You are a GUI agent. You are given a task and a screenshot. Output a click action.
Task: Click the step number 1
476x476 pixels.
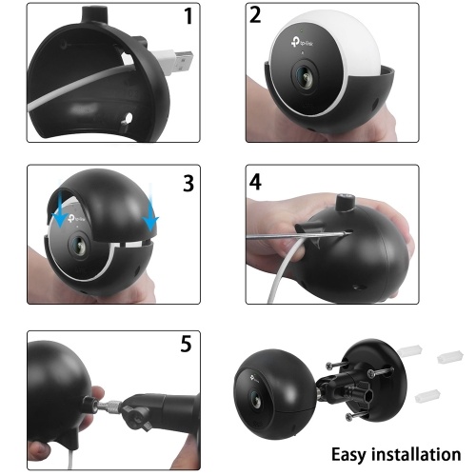pyautogui.click(x=188, y=16)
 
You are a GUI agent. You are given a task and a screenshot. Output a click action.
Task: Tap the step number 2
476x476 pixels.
pyautogui.click(x=255, y=15)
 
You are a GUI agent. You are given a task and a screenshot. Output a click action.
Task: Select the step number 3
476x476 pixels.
pyautogui.click(x=188, y=184)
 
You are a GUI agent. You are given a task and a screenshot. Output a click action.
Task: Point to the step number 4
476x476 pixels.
pyautogui.click(x=255, y=182)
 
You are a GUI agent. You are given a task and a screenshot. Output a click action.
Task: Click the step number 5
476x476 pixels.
pyautogui.click(x=187, y=344)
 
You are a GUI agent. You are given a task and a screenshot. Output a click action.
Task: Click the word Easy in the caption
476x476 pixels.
pyautogui.click(x=348, y=455)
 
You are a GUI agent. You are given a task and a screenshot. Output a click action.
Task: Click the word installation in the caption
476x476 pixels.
pyautogui.click(x=416, y=454)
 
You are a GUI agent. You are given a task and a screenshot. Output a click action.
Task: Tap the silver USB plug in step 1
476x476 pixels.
pyautogui.click(x=182, y=61)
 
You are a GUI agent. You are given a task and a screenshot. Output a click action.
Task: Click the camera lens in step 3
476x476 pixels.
pyautogui.click(x=79, y=246)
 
